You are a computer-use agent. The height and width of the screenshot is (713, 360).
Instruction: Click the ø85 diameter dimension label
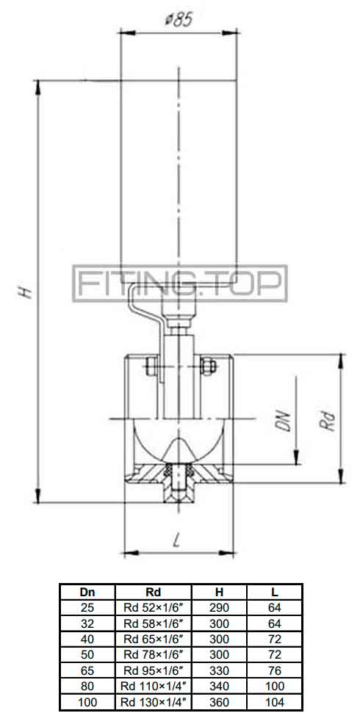179,20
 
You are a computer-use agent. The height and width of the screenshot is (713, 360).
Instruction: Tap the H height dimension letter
26,292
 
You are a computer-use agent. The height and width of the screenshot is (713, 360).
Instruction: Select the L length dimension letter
177,541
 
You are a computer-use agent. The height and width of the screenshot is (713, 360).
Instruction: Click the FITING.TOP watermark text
180,283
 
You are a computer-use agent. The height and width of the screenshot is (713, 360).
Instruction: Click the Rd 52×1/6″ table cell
153,608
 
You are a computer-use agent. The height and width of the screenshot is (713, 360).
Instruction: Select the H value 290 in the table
219,608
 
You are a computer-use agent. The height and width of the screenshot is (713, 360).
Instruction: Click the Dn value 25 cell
87,608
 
